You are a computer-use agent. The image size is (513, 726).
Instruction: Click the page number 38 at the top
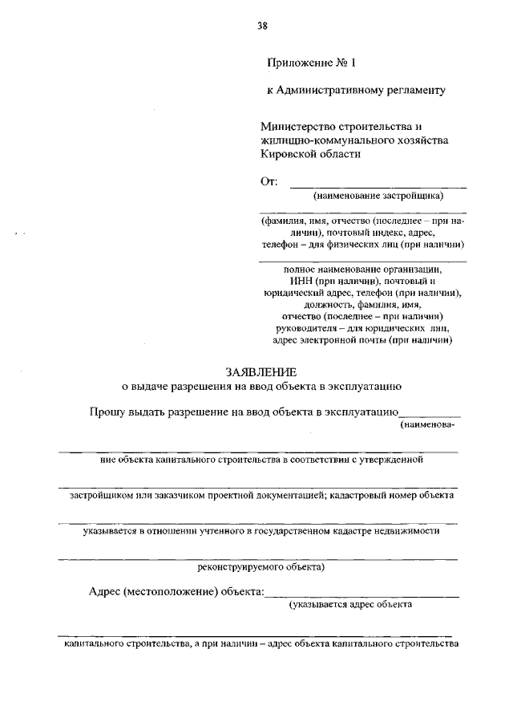click(x=262, y=26)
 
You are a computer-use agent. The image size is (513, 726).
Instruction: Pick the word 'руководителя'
click(x=323, y=327)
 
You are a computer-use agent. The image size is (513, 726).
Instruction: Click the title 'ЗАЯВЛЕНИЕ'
click(x=261, y=371)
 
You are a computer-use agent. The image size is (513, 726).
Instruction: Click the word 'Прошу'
click(x=109, y=412)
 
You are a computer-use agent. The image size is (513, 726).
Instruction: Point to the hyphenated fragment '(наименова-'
click(x=428, y=425)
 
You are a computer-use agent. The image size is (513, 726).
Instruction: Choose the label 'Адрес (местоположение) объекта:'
click(x=176, y=592)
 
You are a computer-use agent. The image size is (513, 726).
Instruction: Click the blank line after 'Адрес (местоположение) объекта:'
click(x=362, y=595)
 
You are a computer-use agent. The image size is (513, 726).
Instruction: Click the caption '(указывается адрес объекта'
click(x=351, y=606)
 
